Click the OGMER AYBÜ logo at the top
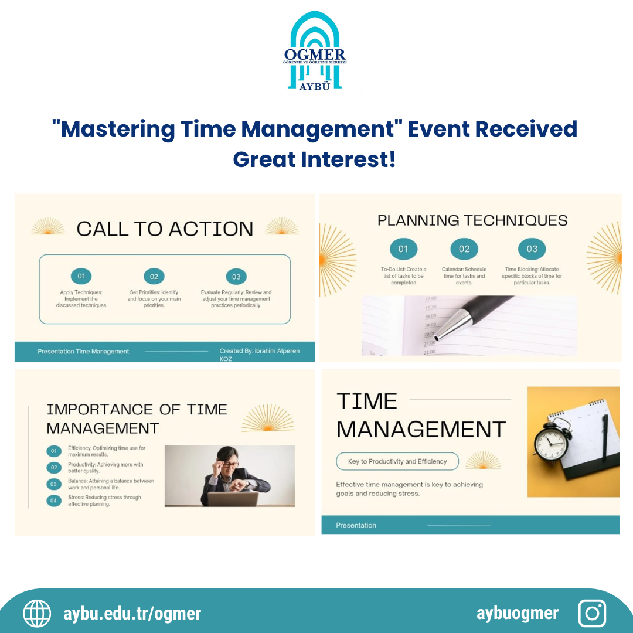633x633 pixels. point(315,52)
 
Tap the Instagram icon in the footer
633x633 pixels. point(592,613)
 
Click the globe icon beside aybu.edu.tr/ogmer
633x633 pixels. point(37,613)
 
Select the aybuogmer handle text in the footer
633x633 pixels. point(518,613)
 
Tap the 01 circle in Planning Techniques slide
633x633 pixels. point(403,249)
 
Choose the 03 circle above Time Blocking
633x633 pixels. point(532,249)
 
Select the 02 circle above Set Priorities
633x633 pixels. point(154,276)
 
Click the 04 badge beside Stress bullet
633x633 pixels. point(53,501)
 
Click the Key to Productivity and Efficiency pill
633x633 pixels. point(397,461)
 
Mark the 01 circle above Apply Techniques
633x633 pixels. point(81,276)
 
